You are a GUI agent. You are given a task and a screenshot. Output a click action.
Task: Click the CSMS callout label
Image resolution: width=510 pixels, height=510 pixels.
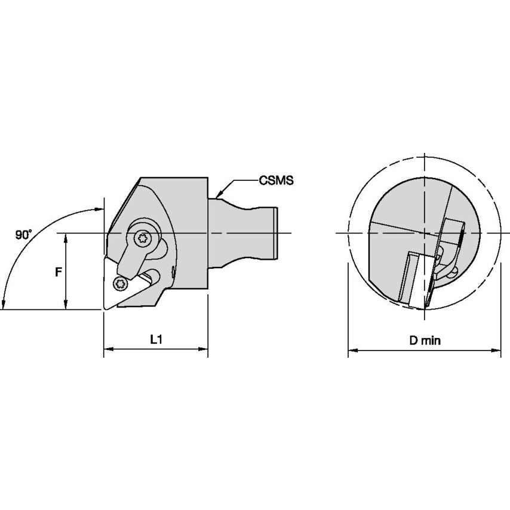(x=276, y=180)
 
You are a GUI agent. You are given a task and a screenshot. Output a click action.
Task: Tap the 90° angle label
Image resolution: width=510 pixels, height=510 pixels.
(x=23, y=235)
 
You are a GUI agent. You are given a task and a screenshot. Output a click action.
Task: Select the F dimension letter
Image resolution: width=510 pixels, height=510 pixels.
(x=58, y=272)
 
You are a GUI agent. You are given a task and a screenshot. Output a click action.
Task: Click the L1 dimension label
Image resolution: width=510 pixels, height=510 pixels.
(x=156, y=340)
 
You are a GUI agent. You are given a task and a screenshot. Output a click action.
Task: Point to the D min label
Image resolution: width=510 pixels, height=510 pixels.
(x=425, y=340)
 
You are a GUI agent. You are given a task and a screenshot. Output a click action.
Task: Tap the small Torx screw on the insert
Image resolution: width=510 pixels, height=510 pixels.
(x=121, y=284)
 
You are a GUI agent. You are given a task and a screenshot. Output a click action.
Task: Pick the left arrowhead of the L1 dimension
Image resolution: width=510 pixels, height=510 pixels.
(x=108, y=349)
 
